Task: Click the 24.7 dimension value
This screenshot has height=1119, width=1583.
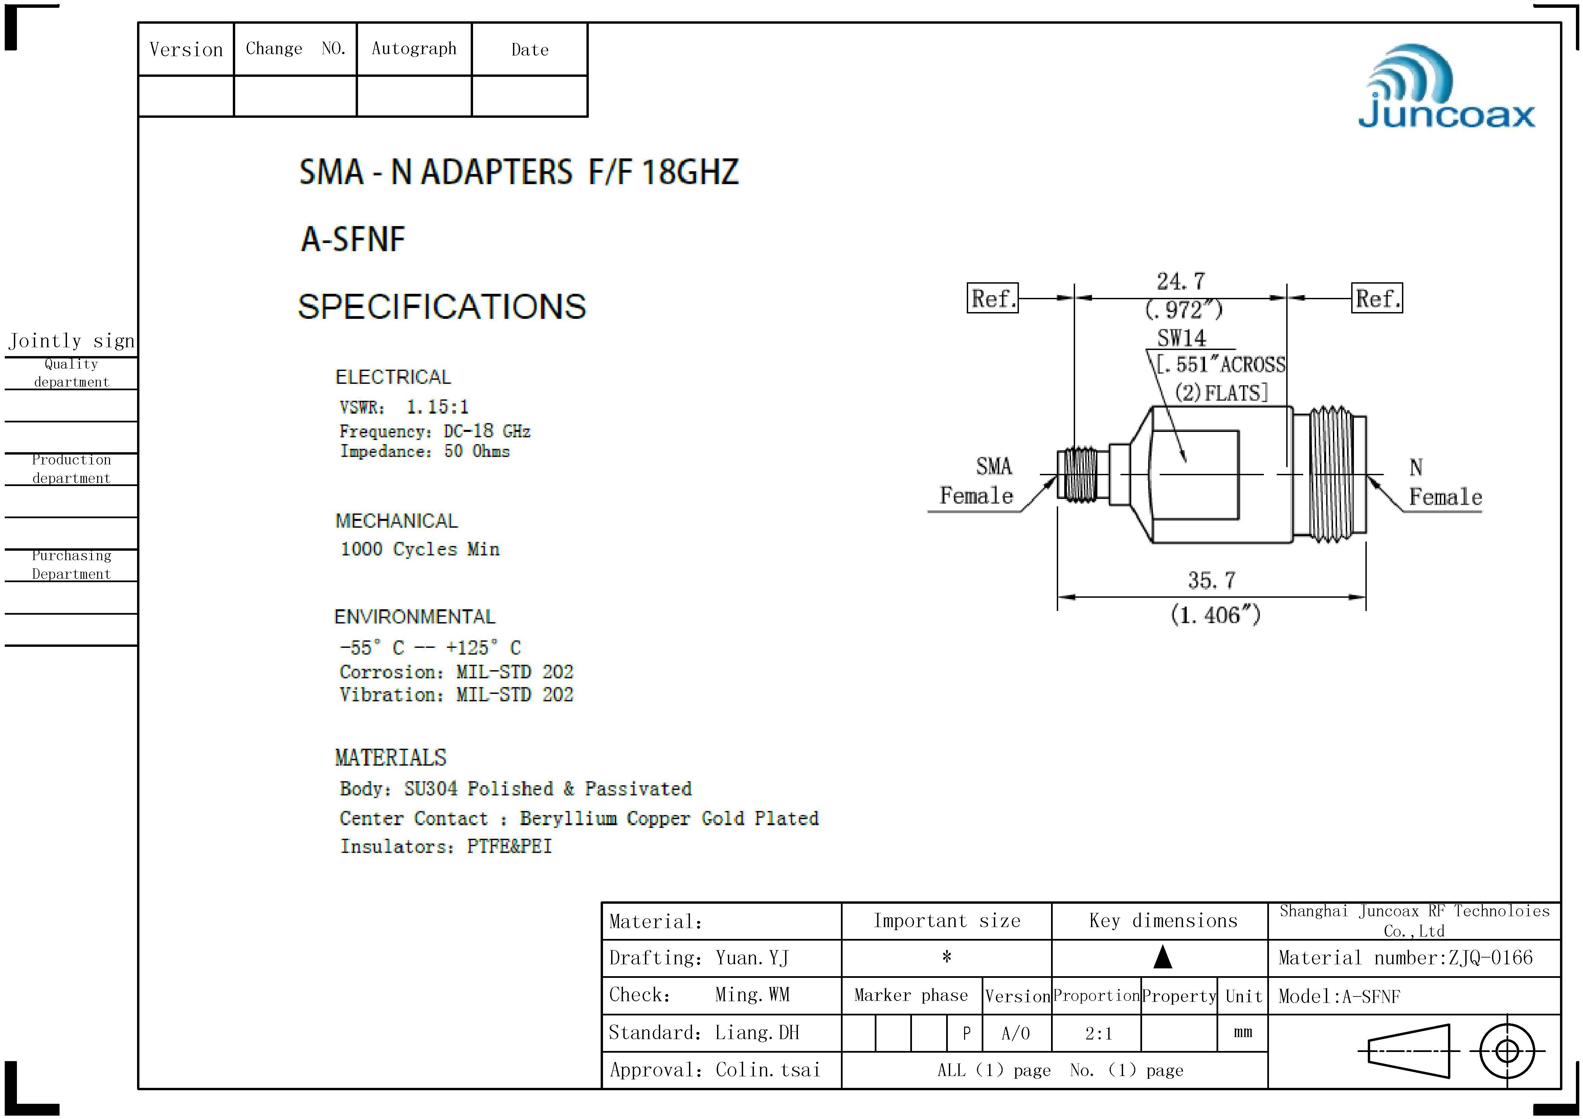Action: (1181, 281)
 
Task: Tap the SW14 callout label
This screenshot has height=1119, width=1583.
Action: (1181, 338)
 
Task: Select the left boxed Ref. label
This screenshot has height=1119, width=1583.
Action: (992, 299)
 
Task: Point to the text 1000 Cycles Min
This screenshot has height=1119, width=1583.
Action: (420, 549)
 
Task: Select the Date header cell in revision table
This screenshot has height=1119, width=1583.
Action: (530, 50)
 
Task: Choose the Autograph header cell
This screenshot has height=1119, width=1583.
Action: (414, 49)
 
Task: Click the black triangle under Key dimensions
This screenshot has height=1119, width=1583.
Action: (1162, 958)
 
